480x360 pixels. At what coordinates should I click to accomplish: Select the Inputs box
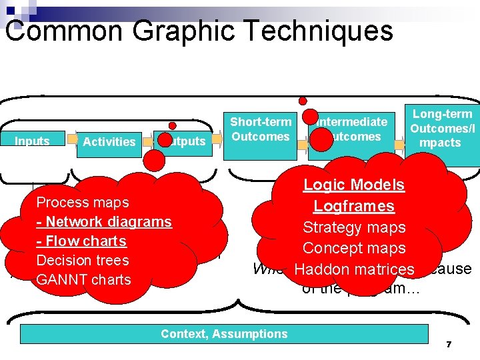click(x=33, y=141)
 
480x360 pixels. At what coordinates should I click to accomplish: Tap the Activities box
click(x=109, y=142)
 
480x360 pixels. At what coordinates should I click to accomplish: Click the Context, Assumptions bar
click(x=224, y=334)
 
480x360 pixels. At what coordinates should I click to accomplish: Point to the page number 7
click(x=449, y=344)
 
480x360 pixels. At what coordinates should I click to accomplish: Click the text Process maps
click(x=83, y=202)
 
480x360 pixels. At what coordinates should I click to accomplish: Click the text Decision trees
click(x=82, y=260)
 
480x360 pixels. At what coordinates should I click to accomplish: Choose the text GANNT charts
click(x=83, y=279)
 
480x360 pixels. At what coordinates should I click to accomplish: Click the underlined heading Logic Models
click(x=354, y=185)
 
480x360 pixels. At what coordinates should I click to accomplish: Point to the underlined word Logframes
click(x=354, y=207)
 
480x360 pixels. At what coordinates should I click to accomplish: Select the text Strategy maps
click(x=354, y=227)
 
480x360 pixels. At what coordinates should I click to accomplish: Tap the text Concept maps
click(x=354, y=248)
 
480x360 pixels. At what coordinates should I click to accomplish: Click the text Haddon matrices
click(x=354, y=269)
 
